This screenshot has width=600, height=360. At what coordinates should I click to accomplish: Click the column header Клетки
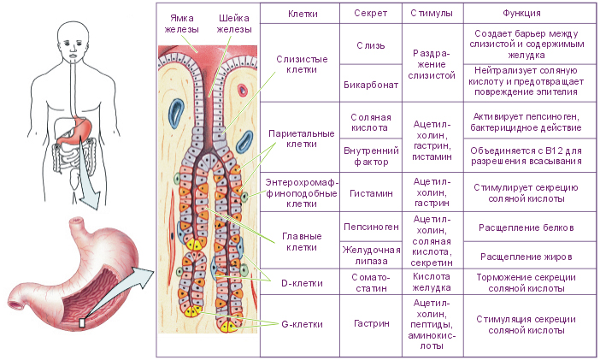coord(303,14)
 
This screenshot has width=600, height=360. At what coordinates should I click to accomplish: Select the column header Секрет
coord(370,14)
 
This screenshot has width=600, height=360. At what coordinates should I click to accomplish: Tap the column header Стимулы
coord(432,13)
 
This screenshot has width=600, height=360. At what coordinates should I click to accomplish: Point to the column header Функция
coord(521,14)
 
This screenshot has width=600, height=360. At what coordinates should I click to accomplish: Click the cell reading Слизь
coord(370,45)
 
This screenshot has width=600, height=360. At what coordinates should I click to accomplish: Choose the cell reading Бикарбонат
coord(371,85)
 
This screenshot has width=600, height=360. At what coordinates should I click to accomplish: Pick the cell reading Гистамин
coord(371,193)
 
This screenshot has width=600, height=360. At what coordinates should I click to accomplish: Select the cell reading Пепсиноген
coord(371,227)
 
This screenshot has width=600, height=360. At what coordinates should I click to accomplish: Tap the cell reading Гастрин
coord(371,323)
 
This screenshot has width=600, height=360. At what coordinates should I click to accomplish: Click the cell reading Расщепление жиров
coord(526,257)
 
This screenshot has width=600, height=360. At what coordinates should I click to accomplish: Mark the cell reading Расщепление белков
coord(526,227)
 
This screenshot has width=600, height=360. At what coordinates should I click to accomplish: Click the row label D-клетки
coord(302,283)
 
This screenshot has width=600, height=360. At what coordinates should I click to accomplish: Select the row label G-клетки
coord(302,324)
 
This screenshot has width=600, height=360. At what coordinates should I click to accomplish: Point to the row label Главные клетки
coord(302,242)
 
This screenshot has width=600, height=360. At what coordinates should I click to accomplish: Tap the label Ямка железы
coord(182,24)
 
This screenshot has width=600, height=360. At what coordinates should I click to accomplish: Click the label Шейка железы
coord(234,24)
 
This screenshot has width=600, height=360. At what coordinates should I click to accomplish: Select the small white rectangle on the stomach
coord(81,323)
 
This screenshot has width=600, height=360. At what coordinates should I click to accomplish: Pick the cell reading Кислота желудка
coord(432,282)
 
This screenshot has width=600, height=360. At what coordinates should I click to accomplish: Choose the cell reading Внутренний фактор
coord(371,156)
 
